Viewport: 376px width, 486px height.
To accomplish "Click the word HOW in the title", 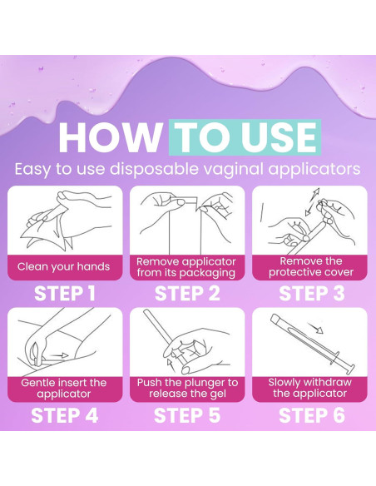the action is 110,137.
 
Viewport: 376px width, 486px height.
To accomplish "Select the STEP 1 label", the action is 64,293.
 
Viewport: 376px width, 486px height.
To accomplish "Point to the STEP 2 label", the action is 187,293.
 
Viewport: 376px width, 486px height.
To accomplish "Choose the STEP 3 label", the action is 311,293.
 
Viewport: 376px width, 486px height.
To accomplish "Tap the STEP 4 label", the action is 64,415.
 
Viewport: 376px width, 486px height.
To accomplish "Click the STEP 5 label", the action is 187,415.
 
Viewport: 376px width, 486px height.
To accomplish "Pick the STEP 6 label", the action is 311,415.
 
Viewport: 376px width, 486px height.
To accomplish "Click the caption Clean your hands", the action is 63,266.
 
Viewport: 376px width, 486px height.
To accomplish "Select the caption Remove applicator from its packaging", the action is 186,267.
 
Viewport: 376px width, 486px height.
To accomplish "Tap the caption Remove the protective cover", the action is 311,266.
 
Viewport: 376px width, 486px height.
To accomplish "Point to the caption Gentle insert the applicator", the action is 64,388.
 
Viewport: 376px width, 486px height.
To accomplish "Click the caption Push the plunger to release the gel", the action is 187,388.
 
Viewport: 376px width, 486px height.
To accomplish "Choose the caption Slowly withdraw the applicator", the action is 309,388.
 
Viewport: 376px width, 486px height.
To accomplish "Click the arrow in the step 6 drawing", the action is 315,328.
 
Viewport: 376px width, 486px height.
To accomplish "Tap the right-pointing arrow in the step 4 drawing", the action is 59,355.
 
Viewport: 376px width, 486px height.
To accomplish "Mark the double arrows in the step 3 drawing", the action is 312,201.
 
